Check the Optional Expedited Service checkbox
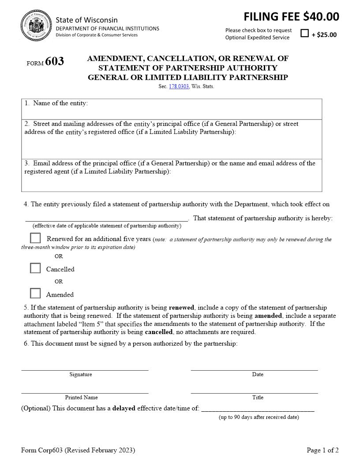pyautogui.click(x=304, y=33)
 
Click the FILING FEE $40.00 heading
pyautogui.click(x=291, y=17)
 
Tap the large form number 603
pyautogui.click(x=54, y=61)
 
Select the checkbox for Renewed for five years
pyautogui.click(x=35, y=238)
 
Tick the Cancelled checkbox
pyautogui.click(x=35, y=268)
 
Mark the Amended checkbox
pyautogui.click(x=35, y=293)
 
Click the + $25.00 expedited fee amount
pyautogui.click(x=324, y=35)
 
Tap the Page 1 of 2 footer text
pyautogui.click(x=322, y=450)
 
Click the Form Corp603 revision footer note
pyautogui.click(x=78, y=450)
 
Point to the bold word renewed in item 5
pyautogui.click(x=181, y=308)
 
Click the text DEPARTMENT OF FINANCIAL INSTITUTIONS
pyautogui.click(x=107, y=28)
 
